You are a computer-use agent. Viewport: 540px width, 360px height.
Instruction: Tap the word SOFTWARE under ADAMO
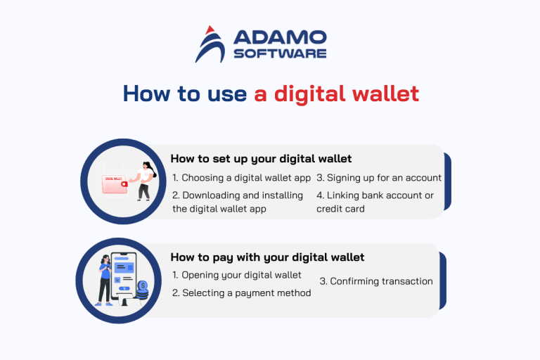click(280, 53)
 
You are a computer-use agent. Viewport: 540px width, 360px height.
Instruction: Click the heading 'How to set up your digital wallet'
click(261, 158)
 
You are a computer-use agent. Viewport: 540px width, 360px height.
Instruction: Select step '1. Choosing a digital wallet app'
click(241, 178)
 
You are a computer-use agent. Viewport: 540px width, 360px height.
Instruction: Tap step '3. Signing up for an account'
click(379, 178)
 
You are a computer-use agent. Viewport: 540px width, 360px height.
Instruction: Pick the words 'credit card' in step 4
click(340, 209)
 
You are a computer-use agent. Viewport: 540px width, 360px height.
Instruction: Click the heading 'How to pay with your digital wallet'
click(267, 257)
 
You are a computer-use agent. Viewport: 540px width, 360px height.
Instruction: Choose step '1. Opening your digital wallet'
click(236, 275)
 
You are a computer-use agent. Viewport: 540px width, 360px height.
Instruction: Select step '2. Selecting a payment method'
click(241, 292)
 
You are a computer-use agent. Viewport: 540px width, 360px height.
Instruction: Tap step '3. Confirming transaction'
click(376, 281)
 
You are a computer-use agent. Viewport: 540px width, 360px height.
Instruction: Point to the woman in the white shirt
click(145, 181)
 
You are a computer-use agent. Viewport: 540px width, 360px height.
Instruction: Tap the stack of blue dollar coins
click(142, 290)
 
